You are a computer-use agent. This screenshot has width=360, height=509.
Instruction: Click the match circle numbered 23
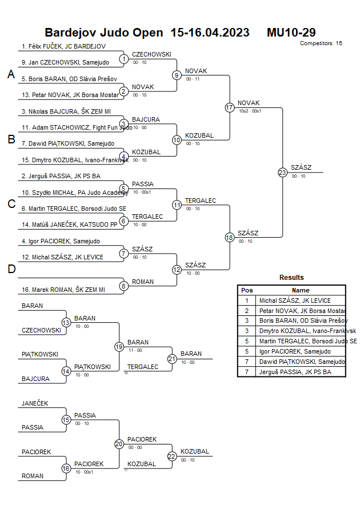282,172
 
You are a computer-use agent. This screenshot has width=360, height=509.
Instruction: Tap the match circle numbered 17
230,107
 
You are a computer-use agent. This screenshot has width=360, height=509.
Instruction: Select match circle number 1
124,58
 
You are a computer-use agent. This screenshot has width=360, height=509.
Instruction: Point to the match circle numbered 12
177,270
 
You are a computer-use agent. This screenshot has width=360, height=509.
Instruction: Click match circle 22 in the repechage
172,456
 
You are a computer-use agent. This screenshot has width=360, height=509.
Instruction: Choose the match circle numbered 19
119,346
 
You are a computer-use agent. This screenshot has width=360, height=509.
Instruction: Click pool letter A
11,74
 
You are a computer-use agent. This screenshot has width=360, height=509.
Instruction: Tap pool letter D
11,270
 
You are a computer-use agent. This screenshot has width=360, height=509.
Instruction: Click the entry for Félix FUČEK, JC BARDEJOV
63,46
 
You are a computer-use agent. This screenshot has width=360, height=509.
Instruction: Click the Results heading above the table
291,278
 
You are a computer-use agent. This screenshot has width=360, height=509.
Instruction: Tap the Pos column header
247,290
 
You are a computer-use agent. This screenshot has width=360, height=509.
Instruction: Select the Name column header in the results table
301,290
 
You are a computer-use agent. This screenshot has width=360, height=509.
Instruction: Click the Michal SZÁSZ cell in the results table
295,300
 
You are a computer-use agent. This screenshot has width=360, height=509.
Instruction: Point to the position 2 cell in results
247,311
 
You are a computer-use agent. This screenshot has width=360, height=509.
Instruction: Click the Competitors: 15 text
321,43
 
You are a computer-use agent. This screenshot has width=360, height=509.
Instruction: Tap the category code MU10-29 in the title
291,33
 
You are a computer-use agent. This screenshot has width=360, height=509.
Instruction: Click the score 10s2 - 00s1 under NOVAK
250,110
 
